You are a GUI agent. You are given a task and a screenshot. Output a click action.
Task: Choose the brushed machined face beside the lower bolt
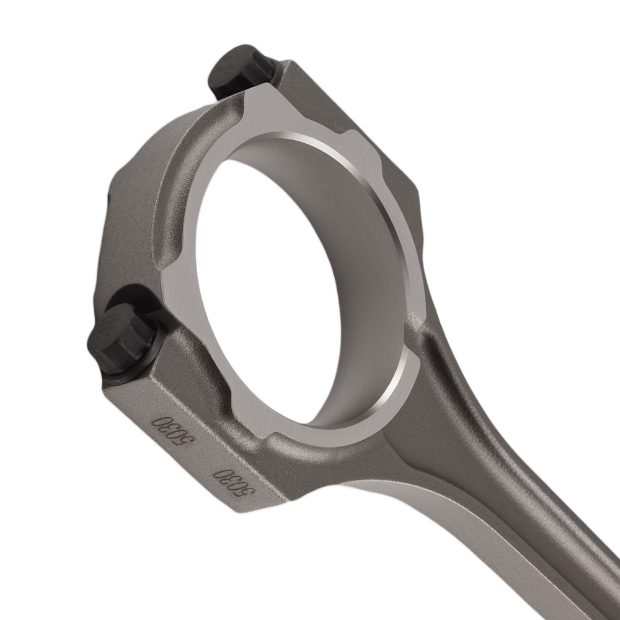point(186,310)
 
